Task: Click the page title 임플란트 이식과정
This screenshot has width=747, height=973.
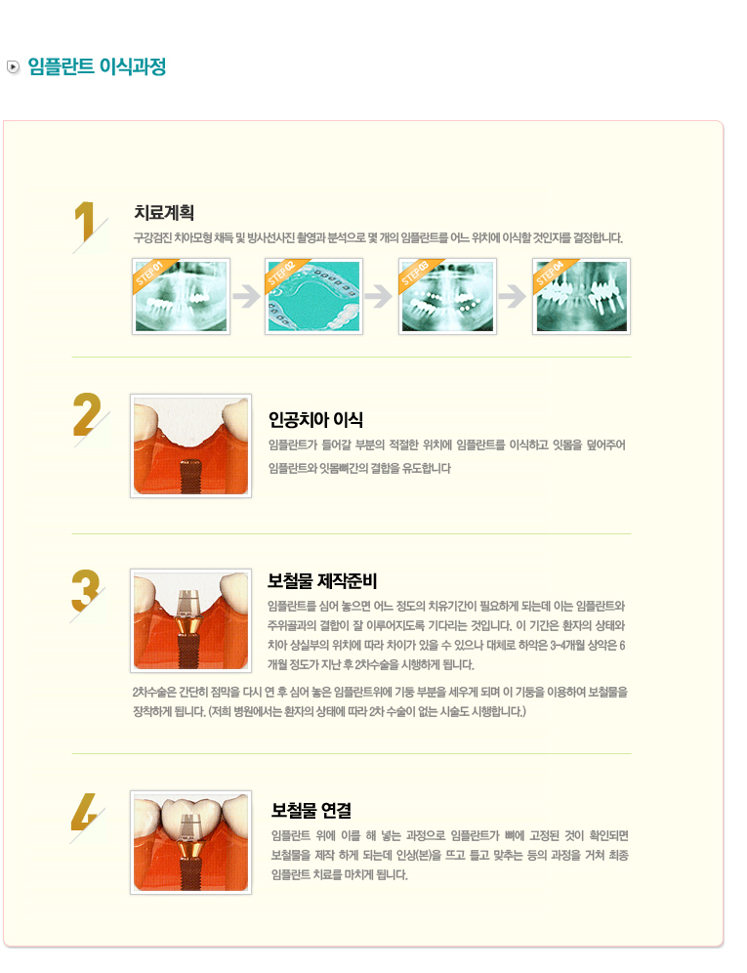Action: (x=97, y=66)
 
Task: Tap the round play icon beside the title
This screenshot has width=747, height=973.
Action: (x=13, y=66)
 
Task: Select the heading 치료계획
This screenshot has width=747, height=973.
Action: (x=164, y=213)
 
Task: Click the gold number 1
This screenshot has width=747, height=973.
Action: (x=85, y=222)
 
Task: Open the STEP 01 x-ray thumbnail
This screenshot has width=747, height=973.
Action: (x=182, y=297)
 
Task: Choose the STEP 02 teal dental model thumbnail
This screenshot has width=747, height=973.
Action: (x=314, y=297)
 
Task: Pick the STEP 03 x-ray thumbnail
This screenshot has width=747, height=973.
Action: (x=447, y=297)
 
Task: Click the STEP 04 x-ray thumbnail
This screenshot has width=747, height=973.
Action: (x=581, y=297)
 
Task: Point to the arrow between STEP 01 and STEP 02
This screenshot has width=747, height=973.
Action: (x=248, y=296)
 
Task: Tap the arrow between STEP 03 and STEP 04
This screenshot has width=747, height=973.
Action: (x=513, y=296)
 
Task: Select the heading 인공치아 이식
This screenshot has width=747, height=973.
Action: (x=315, y=420)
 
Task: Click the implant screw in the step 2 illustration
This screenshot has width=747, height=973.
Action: (x=190, y=476)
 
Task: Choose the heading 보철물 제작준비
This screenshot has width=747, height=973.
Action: (x=322, y=581)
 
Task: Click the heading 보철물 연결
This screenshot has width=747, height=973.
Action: (x=311, y=811)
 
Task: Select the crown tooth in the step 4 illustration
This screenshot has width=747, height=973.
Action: (x=191, y=816)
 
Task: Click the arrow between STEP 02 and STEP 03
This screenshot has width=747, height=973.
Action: (x=379, y=296)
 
